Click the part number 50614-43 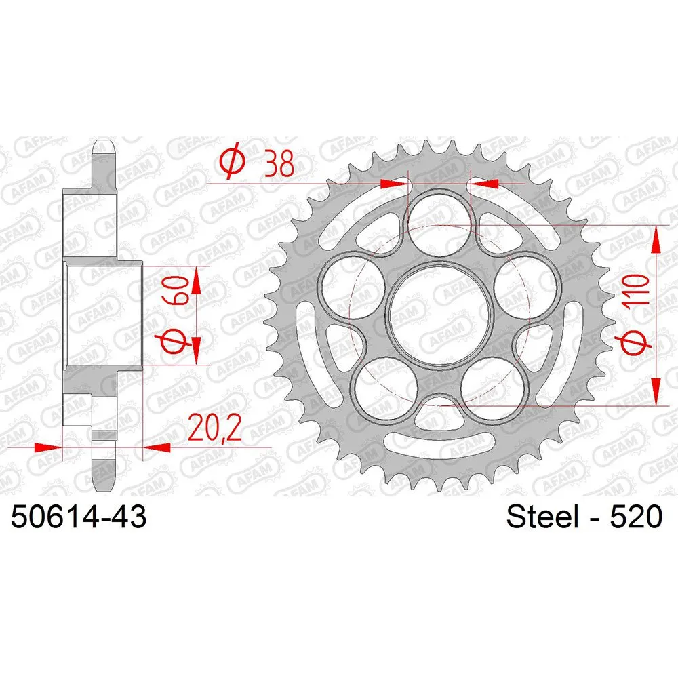click(79, 516)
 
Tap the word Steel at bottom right click(542, 516)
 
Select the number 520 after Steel click(636, 516)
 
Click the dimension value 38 click(279, 164)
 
